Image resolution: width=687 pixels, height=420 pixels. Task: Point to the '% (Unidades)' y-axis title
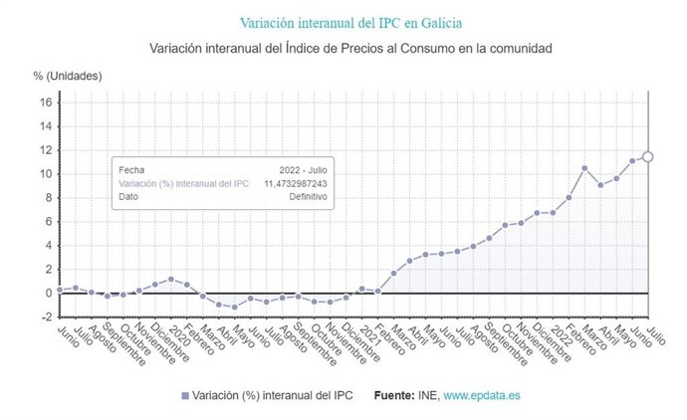click(67, 76)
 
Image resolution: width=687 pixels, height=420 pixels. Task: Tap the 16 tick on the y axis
click(45, 102)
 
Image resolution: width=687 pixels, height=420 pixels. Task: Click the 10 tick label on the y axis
click(45, 173)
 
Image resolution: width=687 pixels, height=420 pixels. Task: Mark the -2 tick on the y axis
click(45, 316)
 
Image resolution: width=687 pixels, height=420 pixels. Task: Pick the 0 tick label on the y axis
click(48, 293)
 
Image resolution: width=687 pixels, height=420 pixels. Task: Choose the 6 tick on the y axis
click(48, 221)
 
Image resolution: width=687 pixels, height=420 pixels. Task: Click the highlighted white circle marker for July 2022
click(647, 156)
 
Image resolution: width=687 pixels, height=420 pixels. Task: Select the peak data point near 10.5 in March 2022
click(584, 168)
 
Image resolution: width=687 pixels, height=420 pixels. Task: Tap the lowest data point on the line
click(235, 307)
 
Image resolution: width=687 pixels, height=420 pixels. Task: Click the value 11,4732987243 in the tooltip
click(295, 184)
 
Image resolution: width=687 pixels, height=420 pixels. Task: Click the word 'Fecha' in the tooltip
click(130, 170)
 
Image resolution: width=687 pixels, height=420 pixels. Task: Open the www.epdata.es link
click(481, 395)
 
